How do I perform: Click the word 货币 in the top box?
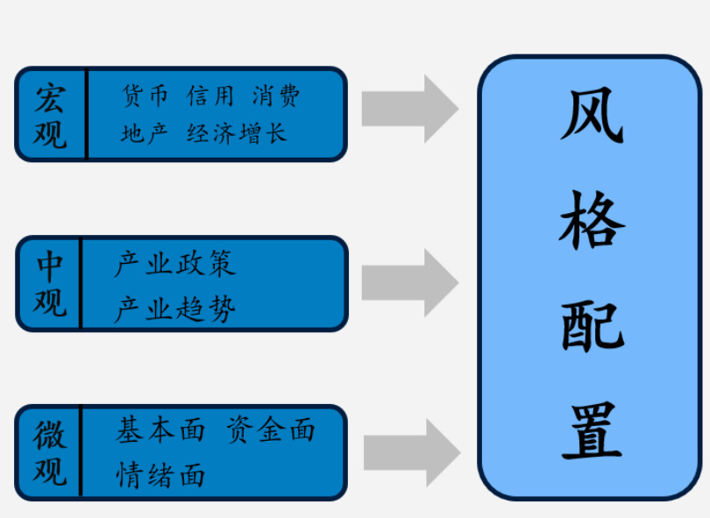[145, 96]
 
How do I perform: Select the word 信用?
[210, 96]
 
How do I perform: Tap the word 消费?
[276, 96]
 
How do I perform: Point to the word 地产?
[145, 133]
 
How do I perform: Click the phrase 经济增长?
[237, 133]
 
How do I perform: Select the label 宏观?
[51, 115]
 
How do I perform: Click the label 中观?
[50, 284]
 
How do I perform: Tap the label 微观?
[50, 452]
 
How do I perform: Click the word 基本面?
[160, 430]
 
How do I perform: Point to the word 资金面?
[270, 430]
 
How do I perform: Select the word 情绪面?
[160, 474]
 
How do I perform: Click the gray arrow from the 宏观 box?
[409, 109]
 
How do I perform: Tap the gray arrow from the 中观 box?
[409, 282]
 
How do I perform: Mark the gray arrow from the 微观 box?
[410, 452]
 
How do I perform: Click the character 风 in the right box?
[593, 116]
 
